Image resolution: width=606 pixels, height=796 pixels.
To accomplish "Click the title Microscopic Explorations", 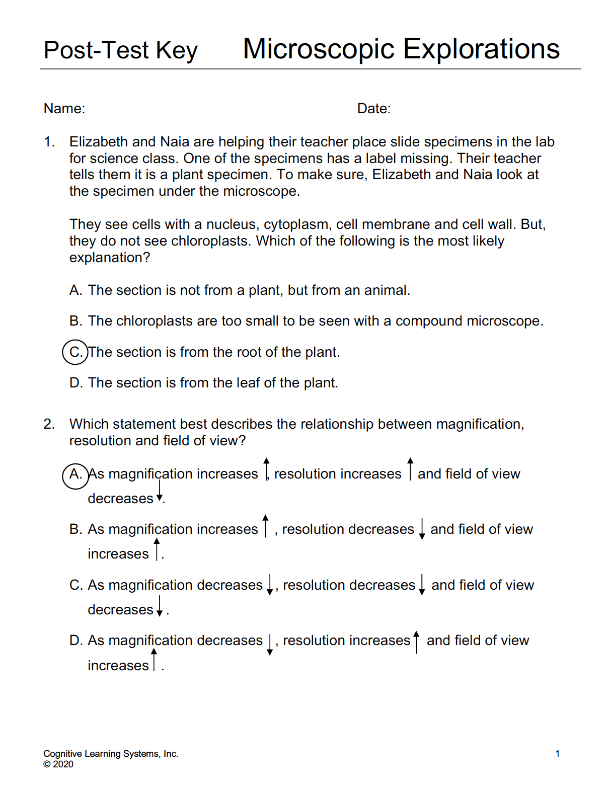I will [401, 49].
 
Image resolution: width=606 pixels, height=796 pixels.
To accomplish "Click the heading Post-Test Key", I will [120, 50].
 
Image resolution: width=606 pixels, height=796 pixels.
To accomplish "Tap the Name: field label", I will [64, 109].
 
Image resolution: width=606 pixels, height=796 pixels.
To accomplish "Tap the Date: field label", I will [374, 109].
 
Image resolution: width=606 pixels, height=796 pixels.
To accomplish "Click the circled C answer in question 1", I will [75, 352].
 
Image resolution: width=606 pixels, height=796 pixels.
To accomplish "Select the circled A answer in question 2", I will [75, 474].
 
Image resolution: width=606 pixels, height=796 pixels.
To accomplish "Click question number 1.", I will [49, 142].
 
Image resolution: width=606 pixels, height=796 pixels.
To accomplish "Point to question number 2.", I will [49, 424].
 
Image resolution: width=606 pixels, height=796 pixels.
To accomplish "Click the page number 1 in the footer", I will [557, 754].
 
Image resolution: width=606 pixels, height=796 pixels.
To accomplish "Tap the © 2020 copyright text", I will [58, 764].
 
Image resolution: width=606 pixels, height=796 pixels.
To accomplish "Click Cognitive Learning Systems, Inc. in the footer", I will [111, 754].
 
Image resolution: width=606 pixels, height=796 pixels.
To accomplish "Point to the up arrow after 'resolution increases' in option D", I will [416, 642].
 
